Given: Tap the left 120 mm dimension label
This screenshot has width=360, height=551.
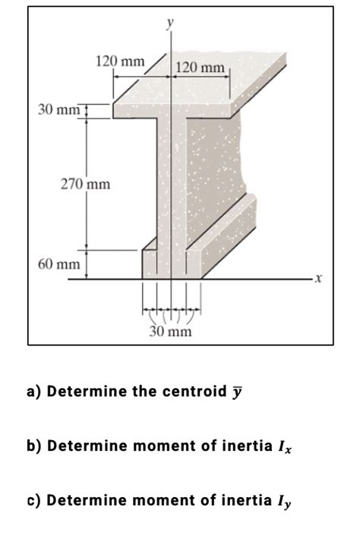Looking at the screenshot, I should (x=119, y=61).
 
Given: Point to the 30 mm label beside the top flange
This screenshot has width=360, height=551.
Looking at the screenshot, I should (x=58, y=112).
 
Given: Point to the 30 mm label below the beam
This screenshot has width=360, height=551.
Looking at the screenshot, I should (x=171, y=332).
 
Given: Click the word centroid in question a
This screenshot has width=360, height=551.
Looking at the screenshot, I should (x=191, y=392).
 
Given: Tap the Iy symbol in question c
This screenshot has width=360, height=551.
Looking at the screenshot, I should (x=284, y=502).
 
